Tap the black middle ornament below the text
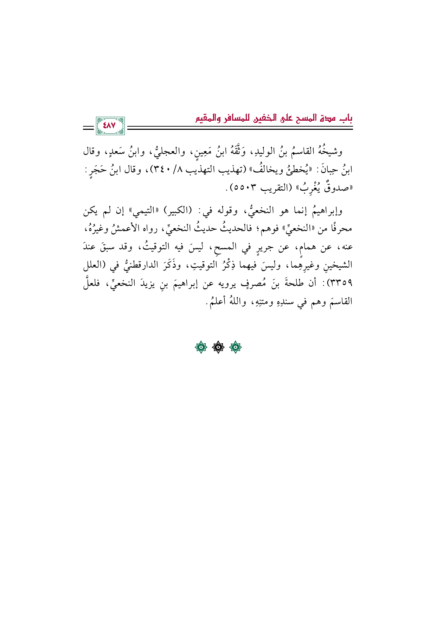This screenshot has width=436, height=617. point(218,348)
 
